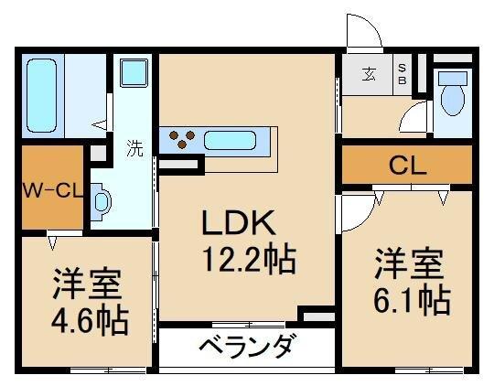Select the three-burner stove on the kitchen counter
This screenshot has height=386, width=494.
point(181,140)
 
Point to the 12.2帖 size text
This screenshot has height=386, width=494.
point(248,263)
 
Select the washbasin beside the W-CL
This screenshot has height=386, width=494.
point(101,202)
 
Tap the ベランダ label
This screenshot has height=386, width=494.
point(245,347)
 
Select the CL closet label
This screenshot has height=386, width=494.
point(406,167)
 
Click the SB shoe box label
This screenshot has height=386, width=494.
point(401,73)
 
